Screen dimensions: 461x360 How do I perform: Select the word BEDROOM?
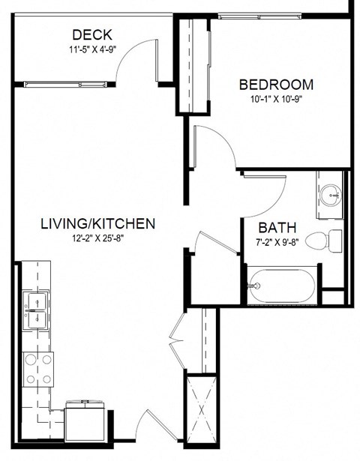pyautogui.click(x=276, y=84)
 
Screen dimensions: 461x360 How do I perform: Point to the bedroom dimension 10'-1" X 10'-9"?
pyautogui.click(x=276, y=99)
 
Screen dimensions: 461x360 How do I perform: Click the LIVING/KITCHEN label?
pyautogui.click(x=97, y=223)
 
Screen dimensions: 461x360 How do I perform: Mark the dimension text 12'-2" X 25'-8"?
pyautogui.click(x=97, y=239)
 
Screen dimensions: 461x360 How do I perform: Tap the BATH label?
pyautogui.click(x=277, y=227)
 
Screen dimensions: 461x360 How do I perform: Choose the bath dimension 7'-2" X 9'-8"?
pyautogui.click(x=277, y=242)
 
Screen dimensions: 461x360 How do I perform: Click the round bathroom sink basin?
pyautogui.click(x=330, y=197)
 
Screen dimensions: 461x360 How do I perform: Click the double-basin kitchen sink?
pyautogui.click(x=36, y=310)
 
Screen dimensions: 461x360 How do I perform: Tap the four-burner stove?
pyautogui.click(x=38, y=368)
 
